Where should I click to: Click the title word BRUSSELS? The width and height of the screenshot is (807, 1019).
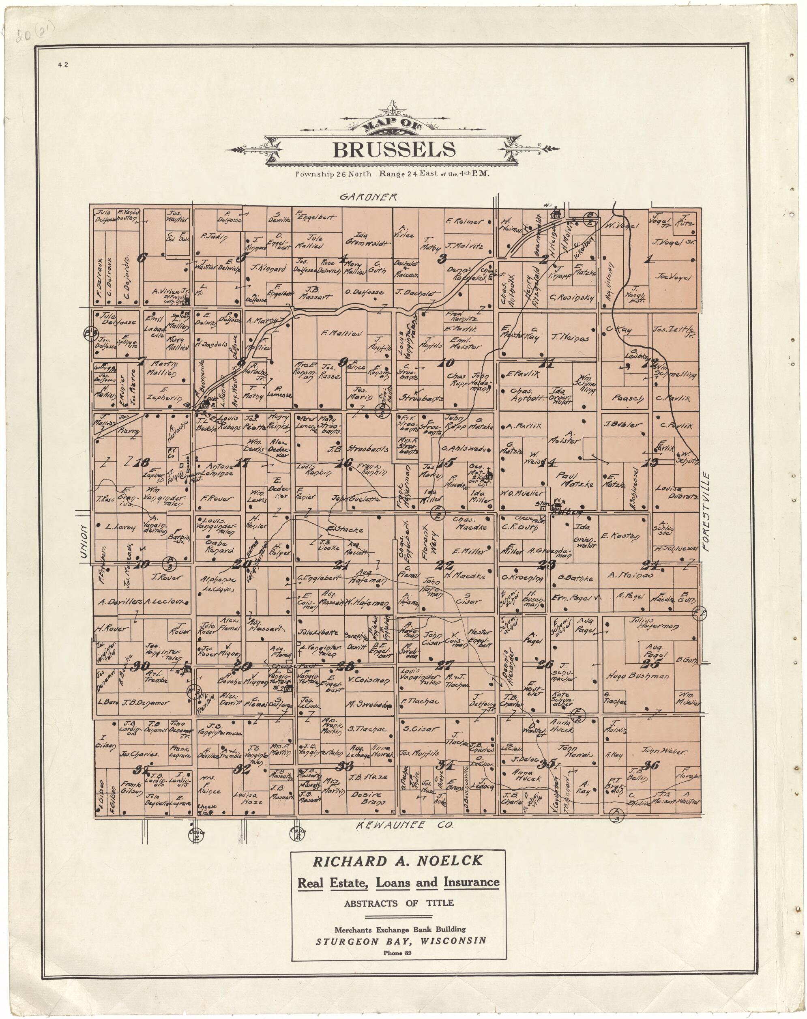coord(394,150)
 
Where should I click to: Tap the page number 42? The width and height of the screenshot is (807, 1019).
coord(63,65)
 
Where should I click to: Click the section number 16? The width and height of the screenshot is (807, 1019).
coord(344,464)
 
